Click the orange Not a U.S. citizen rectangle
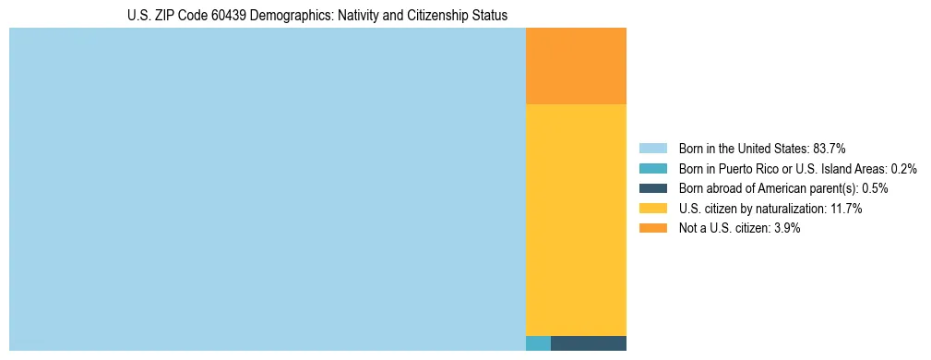576,66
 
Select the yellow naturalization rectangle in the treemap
576,220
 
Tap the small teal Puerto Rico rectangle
538,343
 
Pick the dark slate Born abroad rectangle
589,343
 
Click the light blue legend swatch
652,149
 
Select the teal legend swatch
652,169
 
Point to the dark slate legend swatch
652,188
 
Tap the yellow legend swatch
652,209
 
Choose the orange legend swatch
652,228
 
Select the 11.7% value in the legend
846,209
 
